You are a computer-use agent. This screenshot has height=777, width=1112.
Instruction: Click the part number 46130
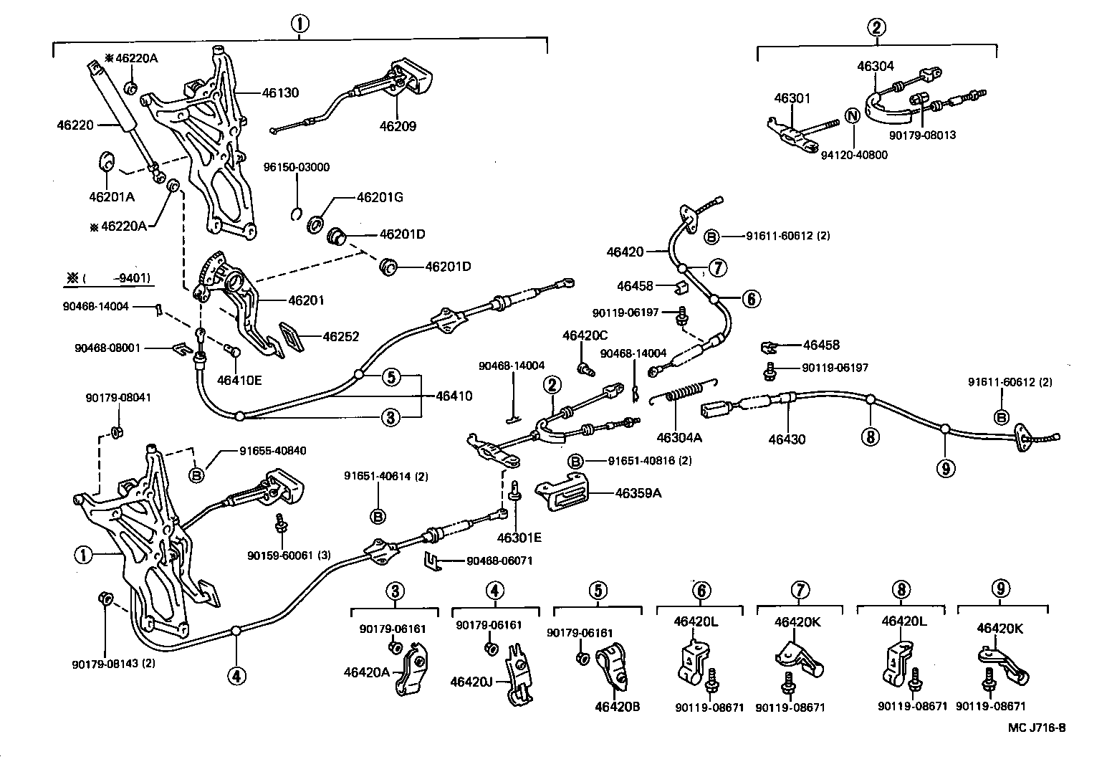tap(280, 92)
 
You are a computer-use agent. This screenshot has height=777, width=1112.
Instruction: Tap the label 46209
tap(398, 126)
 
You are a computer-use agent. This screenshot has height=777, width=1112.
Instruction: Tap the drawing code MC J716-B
tap(1036, 728)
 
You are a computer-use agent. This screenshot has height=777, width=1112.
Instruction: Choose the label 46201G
tap(379, 197)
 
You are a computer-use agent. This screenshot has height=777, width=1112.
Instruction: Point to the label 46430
tap(787, 439)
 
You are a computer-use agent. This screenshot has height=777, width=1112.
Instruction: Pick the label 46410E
tap(239, 380)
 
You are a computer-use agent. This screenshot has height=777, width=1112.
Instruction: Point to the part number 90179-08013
tap(922, 135)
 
